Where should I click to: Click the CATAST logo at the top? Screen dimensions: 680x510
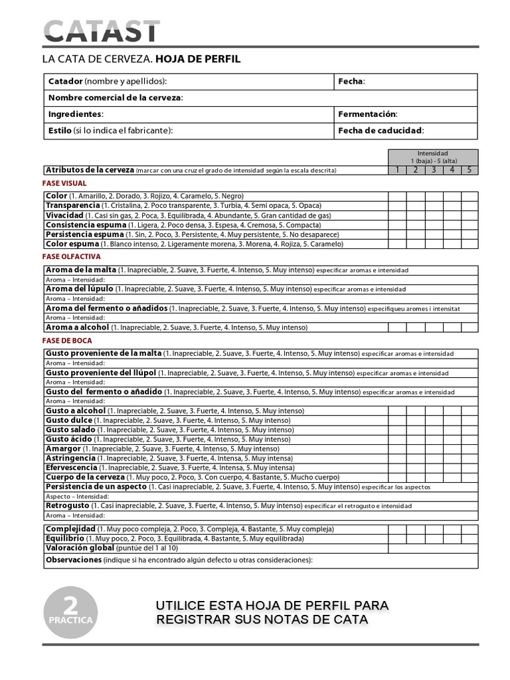coord(102,31)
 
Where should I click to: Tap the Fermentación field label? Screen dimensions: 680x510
coord(367,114)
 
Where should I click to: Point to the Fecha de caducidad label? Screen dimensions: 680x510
coord(381,131)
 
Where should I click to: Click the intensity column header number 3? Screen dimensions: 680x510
coord(433,170)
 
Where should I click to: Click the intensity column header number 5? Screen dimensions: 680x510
coord(469,170)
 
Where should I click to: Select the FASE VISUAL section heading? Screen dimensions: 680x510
coord(64,183)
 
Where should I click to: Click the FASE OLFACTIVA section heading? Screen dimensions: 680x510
coord(71,256)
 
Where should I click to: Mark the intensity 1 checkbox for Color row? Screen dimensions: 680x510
coord(397,197)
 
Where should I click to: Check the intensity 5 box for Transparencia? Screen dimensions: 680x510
coord(469,206)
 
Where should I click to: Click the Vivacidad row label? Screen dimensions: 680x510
coord(64,216)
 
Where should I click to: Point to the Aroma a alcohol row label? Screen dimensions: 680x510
coord(77,327)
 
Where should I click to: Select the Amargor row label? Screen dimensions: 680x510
coord(62,449)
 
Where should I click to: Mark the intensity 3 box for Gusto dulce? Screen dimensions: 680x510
coord(433,420)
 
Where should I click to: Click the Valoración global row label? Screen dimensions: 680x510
coord(80,549)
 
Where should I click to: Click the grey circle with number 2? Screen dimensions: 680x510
coord(70,612)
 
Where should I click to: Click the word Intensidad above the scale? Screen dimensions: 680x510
coord(432,153)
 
